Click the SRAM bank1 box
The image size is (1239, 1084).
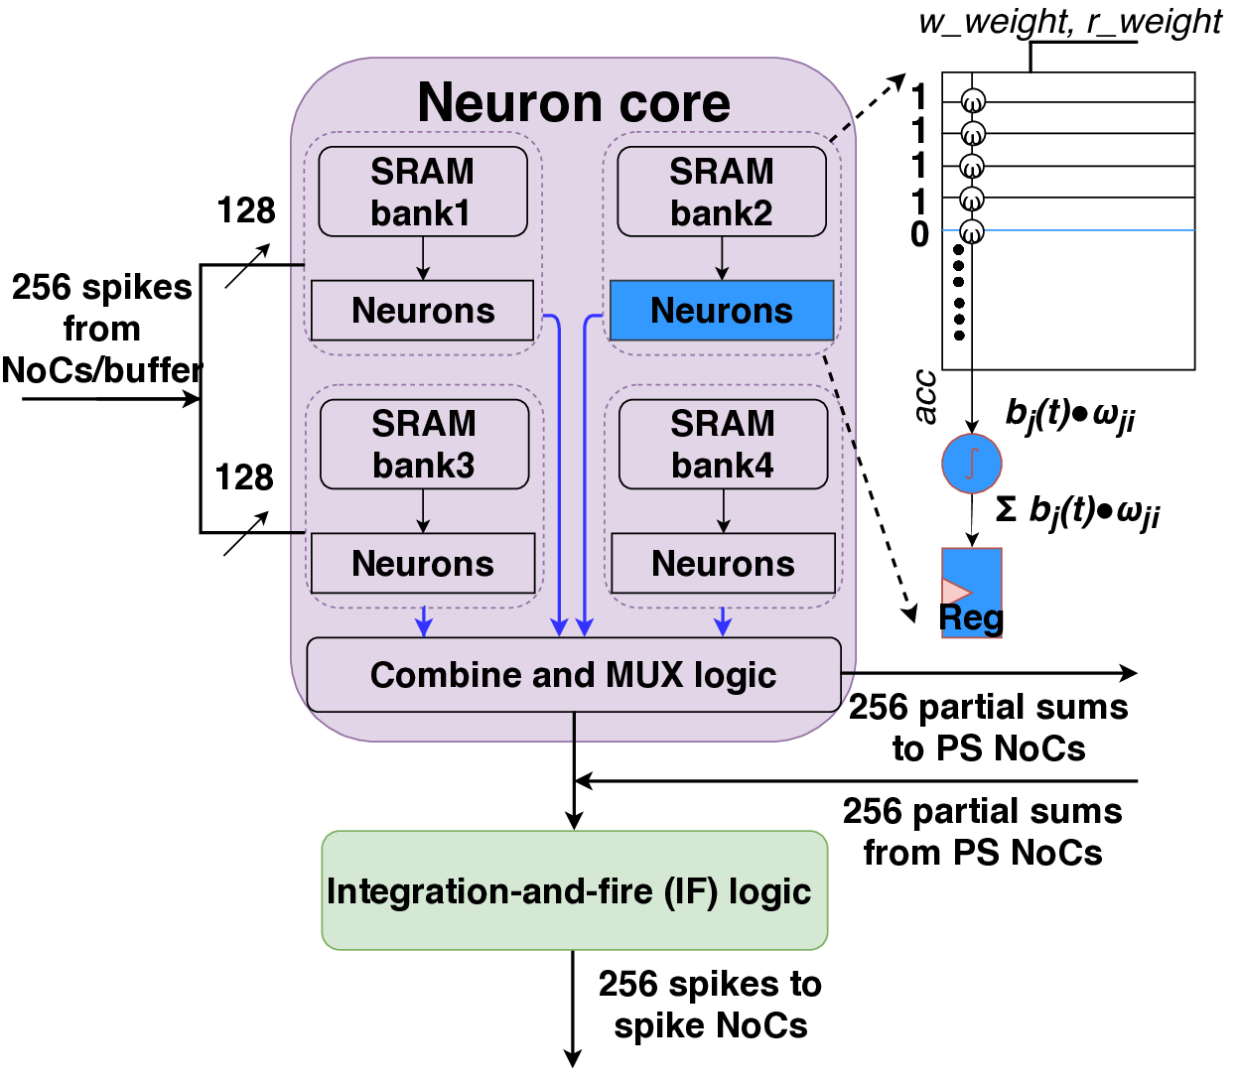422,192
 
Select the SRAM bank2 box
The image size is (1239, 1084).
721,192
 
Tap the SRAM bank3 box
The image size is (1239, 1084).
424,444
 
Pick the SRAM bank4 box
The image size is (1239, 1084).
723,444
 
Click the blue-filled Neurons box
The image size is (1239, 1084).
721,311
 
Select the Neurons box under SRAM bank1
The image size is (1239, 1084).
422,311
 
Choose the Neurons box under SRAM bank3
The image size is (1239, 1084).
422,563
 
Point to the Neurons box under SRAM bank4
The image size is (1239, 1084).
723,563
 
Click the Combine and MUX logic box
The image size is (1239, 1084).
573,675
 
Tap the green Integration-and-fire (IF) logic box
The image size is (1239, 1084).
574,890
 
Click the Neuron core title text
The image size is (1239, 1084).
573,102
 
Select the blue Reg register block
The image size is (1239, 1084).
971,593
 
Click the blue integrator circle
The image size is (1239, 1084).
971,463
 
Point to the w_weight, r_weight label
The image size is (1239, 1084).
1069,22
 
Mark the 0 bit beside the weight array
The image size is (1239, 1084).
920,235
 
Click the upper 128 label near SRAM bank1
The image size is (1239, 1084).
245,210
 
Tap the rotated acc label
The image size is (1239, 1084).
925,396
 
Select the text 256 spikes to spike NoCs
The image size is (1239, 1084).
710,1005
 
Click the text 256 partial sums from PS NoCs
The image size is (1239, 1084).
982,832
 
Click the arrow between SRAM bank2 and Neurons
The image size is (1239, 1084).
722,258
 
